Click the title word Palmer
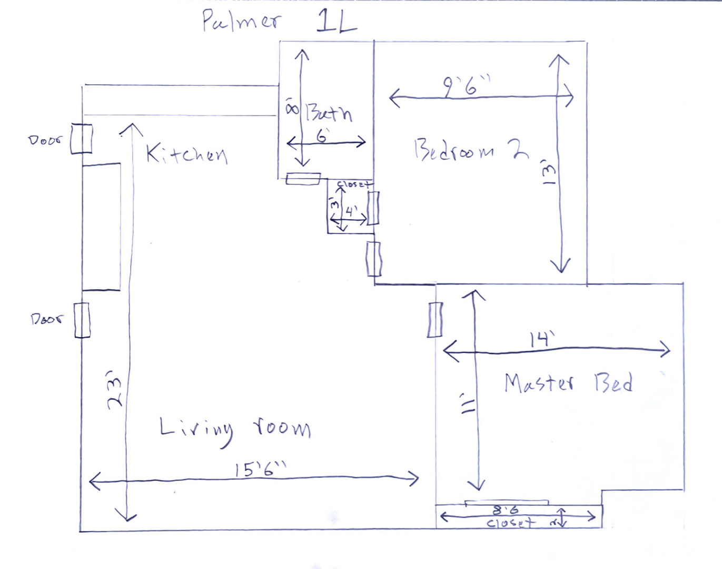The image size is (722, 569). [x=242, y=21]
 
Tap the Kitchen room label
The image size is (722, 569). [x=186, y=154]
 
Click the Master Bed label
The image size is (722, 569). [x=568, y=382]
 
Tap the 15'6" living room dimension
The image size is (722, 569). [x=261, y=468]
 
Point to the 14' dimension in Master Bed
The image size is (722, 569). [x=542, y=339]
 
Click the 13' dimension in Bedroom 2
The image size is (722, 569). [x=548, y=173]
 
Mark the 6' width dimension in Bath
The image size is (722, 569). [x=322, y=135]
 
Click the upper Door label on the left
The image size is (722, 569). [x=45, y=140]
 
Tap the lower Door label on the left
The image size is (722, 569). [x=46, y=319]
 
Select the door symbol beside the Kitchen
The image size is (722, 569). [x=81, y=139]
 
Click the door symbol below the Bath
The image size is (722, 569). [x=303, y=179]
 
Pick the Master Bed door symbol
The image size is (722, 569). [x=434, y=319]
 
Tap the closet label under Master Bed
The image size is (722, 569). [x=510, y=523]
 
